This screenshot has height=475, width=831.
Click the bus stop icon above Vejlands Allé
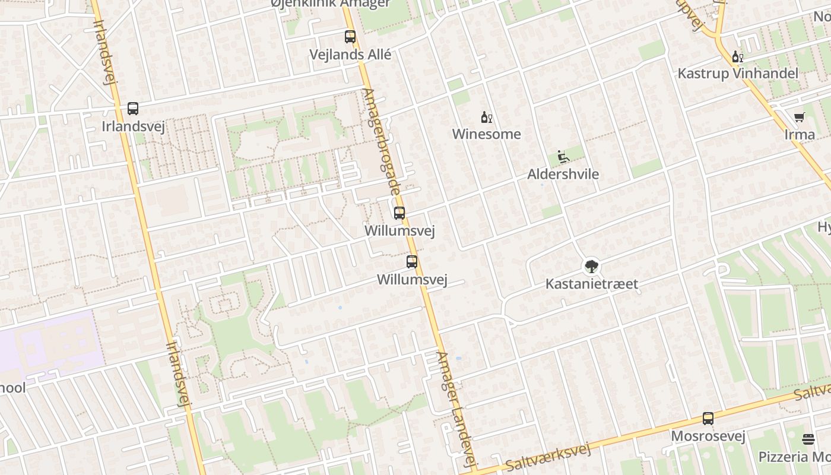pos(350,37)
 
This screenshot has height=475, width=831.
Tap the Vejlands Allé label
pos(350,55)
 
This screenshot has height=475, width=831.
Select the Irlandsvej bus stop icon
pos(133,109)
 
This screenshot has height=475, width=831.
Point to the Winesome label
pos(487,134)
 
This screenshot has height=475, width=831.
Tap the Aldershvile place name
pos(563,175)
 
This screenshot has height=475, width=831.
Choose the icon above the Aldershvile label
pos(563,157)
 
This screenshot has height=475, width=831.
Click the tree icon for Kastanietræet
pos(591,266)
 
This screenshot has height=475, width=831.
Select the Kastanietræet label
pos(592,284)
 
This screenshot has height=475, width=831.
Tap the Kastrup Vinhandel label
pos(738,74)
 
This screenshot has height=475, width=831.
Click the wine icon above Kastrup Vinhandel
pos(737,57)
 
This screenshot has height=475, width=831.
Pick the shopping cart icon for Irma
pos(800,117)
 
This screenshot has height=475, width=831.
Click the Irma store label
pos(800,135)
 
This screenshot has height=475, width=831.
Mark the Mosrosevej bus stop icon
pos(708,419)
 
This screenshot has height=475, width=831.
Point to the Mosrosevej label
pos(708,437)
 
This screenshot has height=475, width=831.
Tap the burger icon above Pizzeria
pos(808,439)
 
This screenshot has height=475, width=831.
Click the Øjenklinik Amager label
pos(331,4)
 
